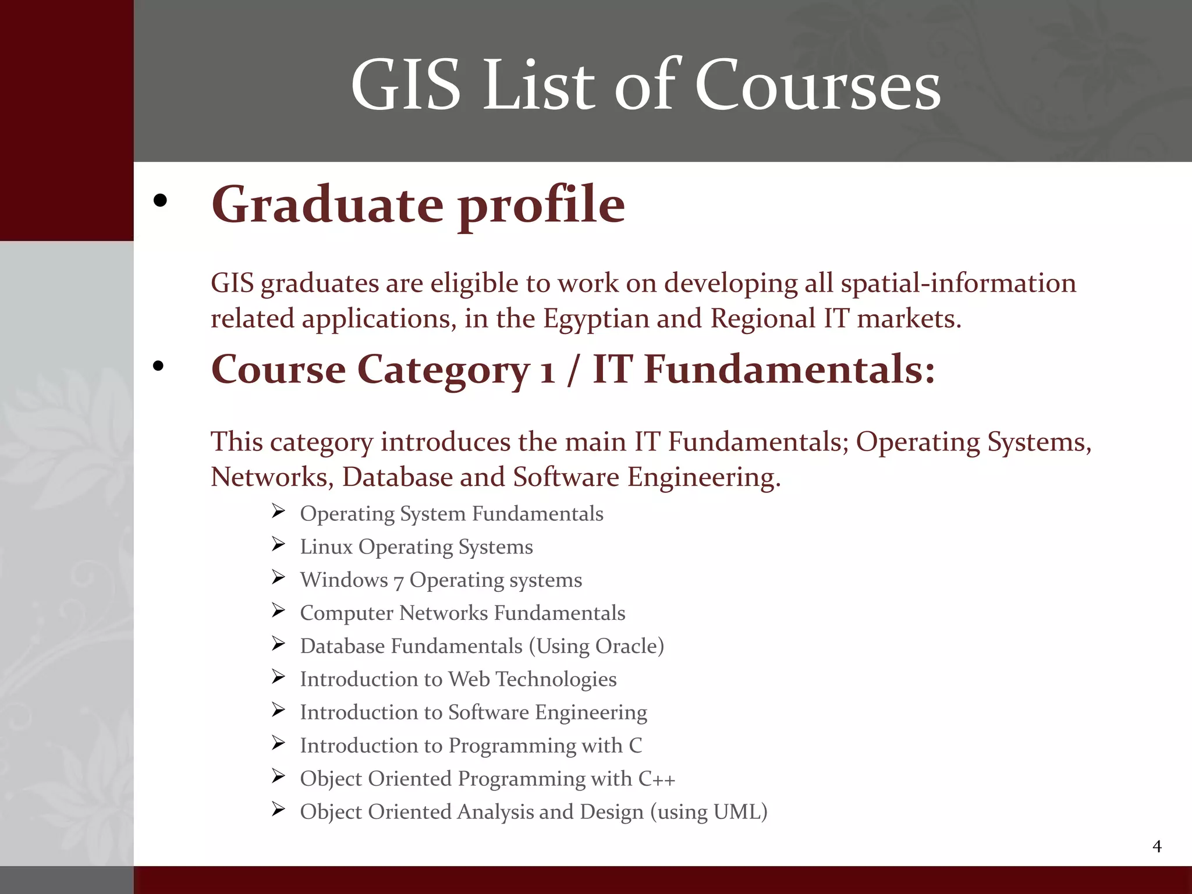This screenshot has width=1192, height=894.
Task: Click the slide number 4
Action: [1156, 846]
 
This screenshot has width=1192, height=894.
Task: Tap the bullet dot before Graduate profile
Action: [160, 201]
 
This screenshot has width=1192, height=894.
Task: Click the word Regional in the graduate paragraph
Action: [763, 319]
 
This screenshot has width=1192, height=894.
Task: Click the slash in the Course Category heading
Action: [573, 370]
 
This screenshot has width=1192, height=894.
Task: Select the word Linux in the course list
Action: [326, 547]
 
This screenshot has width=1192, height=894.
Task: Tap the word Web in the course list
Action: [469, 679]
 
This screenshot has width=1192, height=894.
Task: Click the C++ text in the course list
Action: [657, 779]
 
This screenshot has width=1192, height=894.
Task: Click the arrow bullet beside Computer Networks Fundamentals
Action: [278, 611]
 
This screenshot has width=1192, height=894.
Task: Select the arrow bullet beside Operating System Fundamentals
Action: [278, 512]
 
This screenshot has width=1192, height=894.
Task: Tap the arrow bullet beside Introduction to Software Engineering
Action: [278, 710]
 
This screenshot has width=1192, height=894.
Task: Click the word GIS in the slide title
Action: [406, 86]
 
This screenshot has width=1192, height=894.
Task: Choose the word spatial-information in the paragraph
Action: [958, 283]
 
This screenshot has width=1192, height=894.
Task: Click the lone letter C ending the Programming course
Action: [635, 746]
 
